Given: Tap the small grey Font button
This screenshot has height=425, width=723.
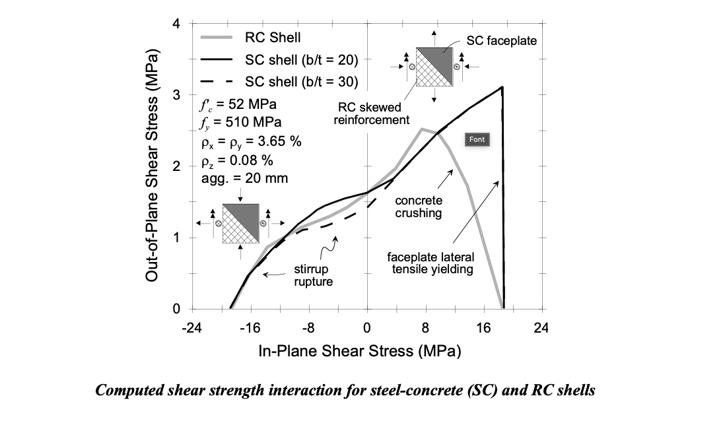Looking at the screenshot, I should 477,139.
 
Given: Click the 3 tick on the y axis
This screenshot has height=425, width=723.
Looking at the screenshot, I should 176,96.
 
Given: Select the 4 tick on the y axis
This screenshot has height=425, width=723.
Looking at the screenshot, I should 176,24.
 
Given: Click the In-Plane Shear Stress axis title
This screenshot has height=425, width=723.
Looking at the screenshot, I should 359,350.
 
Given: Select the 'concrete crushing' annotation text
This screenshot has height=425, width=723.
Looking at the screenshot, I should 418,207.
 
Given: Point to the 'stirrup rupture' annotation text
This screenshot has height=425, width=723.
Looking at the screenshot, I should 312,276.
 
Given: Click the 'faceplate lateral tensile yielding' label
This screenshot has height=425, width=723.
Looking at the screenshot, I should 430,263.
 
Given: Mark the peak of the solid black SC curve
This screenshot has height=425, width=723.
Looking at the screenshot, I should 502,87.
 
